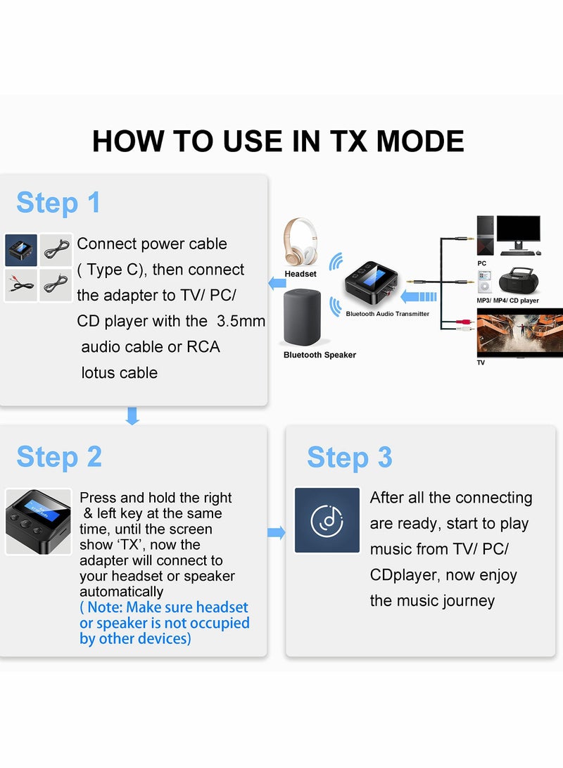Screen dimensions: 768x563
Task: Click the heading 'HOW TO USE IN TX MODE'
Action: click(278, 141)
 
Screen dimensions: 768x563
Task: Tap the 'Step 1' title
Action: click(58, 203)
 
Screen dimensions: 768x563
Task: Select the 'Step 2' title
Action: click(59, 457)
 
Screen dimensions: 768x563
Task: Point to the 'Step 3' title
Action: click(350, 458)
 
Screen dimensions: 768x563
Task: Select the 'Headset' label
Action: click(301, 274)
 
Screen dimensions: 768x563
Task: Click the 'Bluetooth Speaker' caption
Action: click(320, 355)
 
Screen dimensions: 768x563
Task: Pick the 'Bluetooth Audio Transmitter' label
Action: click(387, 314)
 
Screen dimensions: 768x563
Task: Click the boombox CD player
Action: click(519, 281)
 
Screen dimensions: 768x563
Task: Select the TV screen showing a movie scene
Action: click(519, 333)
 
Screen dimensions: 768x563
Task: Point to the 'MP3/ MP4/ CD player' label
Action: click(507, 301)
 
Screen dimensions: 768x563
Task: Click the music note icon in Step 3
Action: click(327, 520)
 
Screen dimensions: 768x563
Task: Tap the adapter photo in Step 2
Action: click(39, 522)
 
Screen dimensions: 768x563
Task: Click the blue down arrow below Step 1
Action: click(132, 416)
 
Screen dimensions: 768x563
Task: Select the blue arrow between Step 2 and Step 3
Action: click(277, 533)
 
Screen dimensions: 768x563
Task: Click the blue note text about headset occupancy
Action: click(164, 623)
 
